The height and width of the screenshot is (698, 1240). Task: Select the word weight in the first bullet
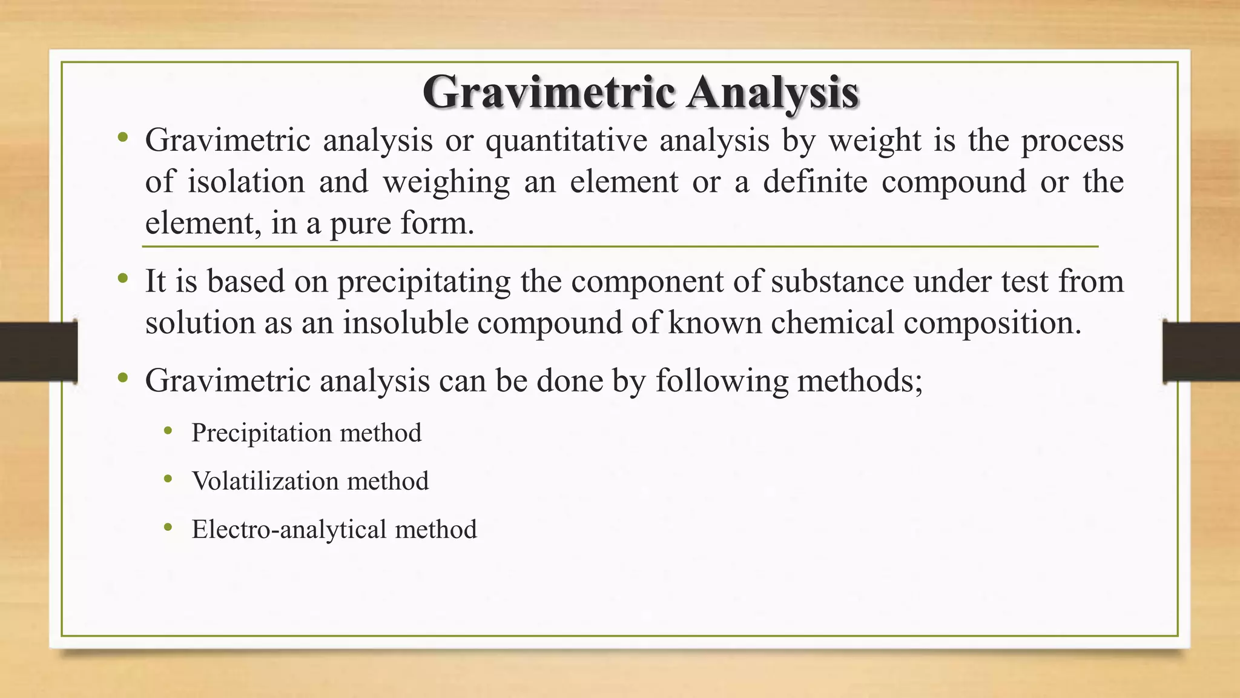871,141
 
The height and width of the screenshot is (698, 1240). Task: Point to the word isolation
245,182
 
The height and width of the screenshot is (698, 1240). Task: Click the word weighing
446,182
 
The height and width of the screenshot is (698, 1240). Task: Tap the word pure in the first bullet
360,223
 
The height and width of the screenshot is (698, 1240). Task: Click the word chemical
832,322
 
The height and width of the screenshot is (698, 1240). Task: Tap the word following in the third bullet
721,381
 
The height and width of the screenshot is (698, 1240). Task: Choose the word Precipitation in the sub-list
262,433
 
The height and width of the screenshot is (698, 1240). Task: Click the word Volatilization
265,481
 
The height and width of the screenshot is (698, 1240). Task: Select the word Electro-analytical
289,530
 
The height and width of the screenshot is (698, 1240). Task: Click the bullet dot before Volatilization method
168,480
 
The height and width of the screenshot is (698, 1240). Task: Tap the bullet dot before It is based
123,279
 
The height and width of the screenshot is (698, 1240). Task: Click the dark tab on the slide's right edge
1201,352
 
